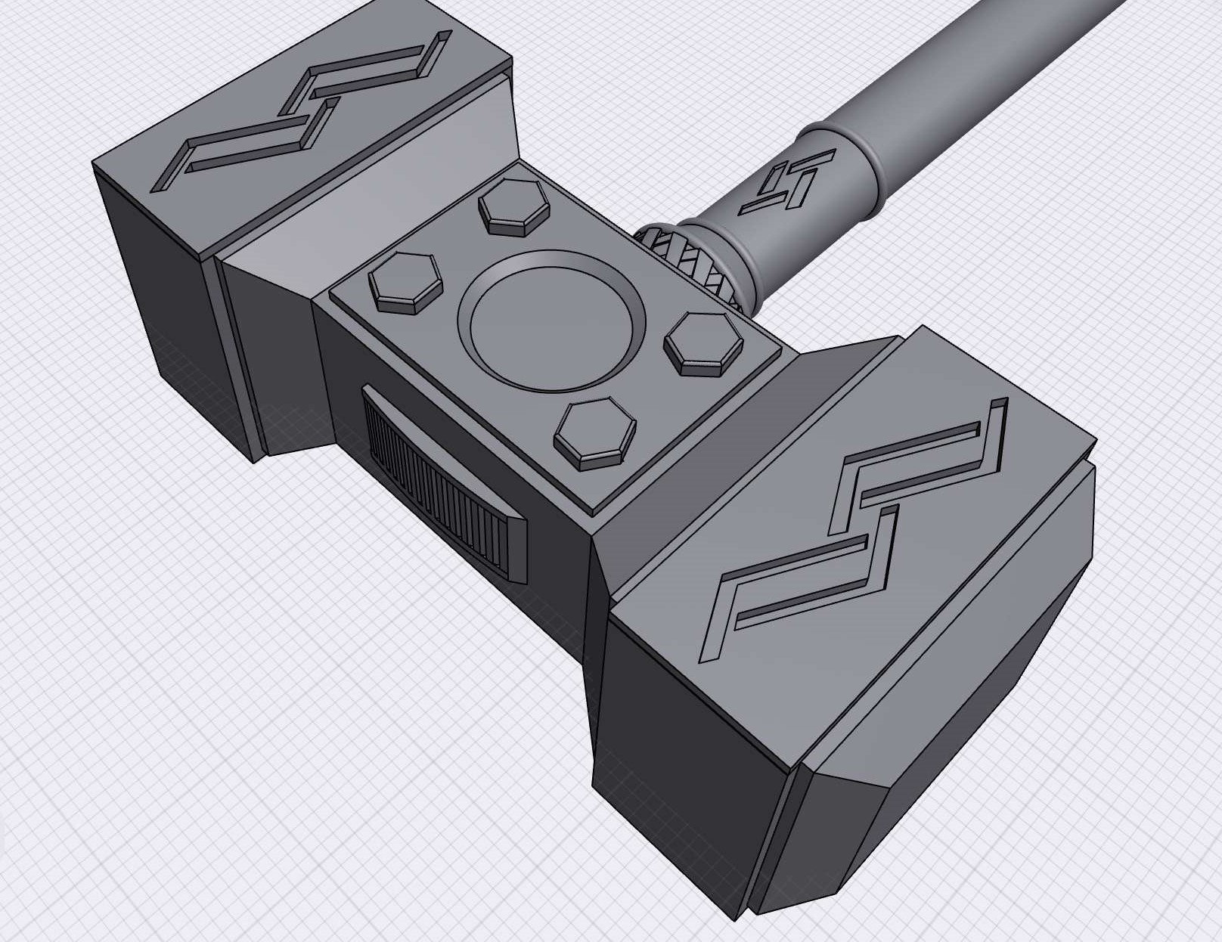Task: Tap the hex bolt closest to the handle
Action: (x=513, y=206)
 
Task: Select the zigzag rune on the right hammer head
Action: (x=862, y=522)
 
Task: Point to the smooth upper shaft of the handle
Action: (x=983, y=68)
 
